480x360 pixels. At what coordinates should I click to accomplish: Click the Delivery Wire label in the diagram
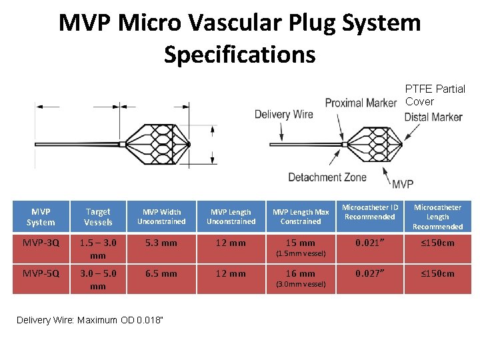283,114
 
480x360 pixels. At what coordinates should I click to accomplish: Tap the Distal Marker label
433,117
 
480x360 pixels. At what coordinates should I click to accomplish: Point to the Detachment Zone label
327,177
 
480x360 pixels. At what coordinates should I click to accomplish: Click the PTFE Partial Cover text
435,95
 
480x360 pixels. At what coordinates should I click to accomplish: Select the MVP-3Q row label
41,243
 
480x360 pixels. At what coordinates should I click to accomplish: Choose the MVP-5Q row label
41,273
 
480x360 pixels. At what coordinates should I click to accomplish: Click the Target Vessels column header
98,217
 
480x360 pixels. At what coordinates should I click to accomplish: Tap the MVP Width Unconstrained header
161,217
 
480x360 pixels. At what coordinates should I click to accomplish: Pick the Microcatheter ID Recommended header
370,212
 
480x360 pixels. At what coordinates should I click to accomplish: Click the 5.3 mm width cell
161,243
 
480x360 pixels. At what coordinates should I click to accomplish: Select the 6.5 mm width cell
161,273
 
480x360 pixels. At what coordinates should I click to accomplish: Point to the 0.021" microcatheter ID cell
370,243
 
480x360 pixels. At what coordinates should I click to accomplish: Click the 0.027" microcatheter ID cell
370,273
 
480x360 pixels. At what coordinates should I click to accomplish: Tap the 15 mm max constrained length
301,243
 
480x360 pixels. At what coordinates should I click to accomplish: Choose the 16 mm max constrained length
301,274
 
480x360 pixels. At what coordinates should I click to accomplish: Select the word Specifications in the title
239,54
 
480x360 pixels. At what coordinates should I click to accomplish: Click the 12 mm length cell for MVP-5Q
231,273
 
